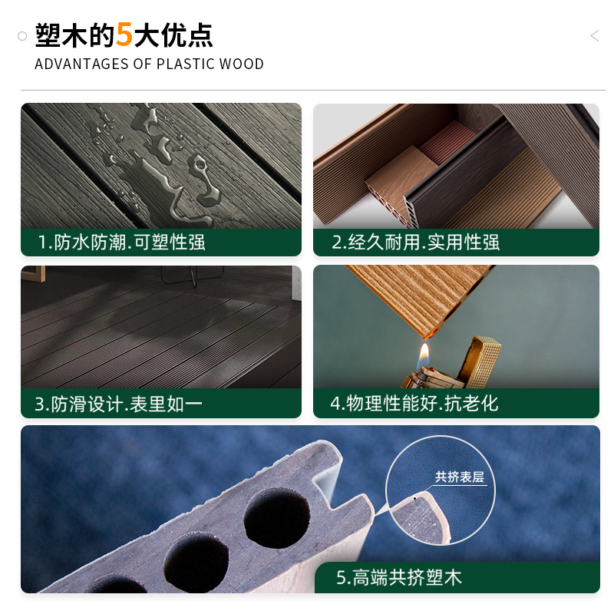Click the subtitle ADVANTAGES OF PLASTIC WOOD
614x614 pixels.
point(149,64)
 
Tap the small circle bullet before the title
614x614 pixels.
point(22,36)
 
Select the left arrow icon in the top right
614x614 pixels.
point(594,36)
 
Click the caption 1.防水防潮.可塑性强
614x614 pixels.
point(122,243)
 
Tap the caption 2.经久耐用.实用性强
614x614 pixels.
point(415,243)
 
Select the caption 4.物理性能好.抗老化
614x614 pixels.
point(414,404)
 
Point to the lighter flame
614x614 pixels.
point(424,355)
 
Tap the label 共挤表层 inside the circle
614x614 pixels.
point(460,477)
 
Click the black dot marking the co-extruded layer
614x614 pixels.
point(415,498)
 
